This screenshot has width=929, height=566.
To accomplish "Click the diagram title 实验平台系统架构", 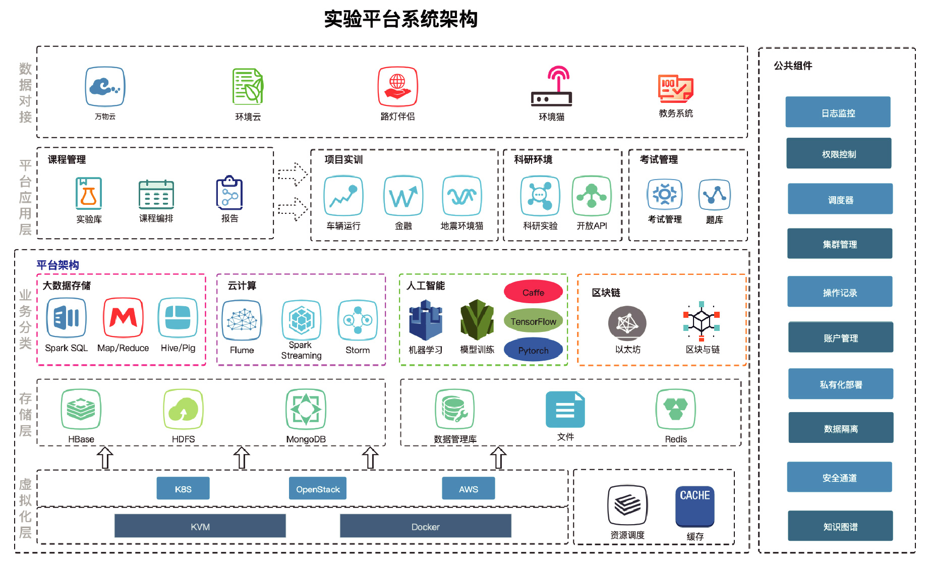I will [400, 19].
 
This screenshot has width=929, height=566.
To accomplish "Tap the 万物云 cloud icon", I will [105, 87].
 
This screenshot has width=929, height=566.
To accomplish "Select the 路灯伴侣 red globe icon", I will [397, 87].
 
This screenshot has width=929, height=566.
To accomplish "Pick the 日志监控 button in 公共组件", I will [838, 112].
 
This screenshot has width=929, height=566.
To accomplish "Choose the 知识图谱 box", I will [840, 526].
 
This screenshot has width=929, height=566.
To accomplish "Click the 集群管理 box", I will [840, 244].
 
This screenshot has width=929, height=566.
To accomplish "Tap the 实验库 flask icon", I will [89, 193].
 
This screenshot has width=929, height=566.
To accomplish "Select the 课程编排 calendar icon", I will [156, 194].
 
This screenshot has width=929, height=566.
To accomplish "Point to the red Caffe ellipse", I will [533, 292].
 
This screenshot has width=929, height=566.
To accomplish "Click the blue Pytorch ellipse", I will [533, 350].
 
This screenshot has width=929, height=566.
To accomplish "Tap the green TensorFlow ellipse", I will [533, 321].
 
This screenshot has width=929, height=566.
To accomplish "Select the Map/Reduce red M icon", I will [123, 318].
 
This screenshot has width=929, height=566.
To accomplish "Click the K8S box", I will [183, 488].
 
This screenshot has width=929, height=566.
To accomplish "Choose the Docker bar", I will [425, 526].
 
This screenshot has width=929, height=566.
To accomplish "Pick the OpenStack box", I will [318, 488].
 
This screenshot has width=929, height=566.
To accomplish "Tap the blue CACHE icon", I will [694, 505].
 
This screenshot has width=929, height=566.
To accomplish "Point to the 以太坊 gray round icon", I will [627, 323].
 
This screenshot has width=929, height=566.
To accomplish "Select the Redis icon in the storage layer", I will [676, 409].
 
